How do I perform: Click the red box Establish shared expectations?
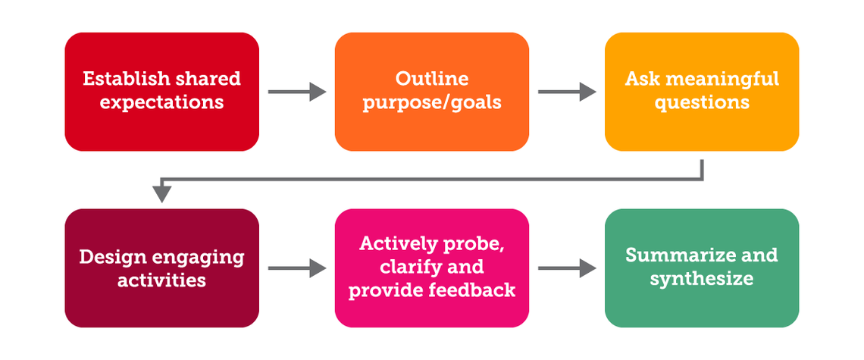point(161,91)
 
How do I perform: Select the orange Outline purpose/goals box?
point(431,91)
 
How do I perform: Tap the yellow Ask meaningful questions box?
point(701,91)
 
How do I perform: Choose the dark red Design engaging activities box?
point(161,268)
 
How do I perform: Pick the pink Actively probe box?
point(431,268)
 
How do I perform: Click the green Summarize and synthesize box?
point(701,268)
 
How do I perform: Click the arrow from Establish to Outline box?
point(296,92)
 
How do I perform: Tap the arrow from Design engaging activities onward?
point(296,268)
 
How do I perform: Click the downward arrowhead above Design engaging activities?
point(161,194)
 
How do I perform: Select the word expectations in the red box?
point(161,102)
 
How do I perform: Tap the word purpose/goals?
point(431,102)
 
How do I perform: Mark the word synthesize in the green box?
point(701,280)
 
